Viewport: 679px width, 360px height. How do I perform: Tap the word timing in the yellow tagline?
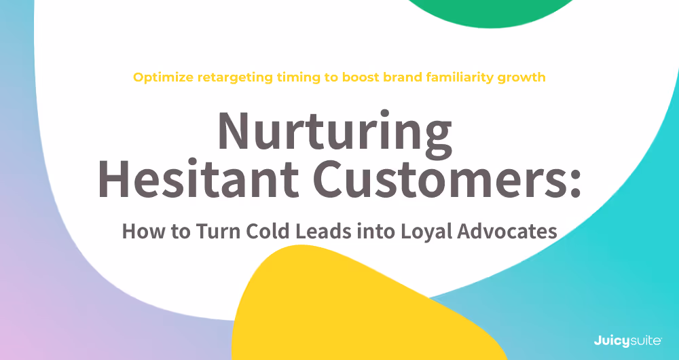(x=299, y=77)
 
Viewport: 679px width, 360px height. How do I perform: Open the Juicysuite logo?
(x=623, y=338)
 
